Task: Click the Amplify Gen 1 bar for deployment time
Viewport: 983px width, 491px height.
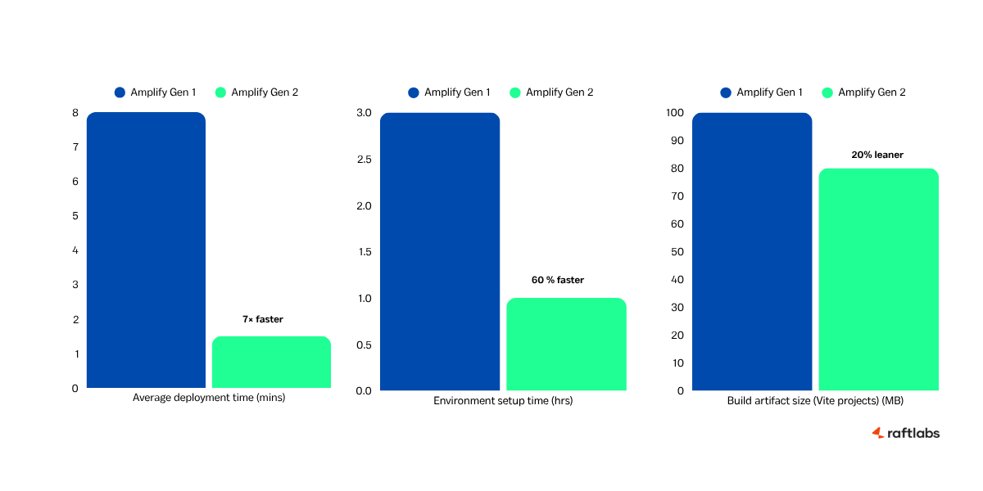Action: click(x=146, y=250)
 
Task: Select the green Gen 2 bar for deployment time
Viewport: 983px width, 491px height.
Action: click(x=271, y=363)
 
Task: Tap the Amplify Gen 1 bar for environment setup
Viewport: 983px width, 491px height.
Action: click(x=440, y=251)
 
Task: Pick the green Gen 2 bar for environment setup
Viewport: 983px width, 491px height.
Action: click(x=566, y=345)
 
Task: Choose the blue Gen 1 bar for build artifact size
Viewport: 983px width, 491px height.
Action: click(x=752, y=251)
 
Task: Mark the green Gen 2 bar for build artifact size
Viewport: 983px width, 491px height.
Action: click(x=878, y=279)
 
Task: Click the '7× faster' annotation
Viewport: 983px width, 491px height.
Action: click(x=262, y=319)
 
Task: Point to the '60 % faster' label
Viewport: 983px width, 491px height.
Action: click(x=558, y=280)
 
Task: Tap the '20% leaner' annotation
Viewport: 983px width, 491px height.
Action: click(x=877, y=154)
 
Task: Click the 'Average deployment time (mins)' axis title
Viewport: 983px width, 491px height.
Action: click(x=209, y=398)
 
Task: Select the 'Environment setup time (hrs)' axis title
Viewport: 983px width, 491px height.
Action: click(x=503, y=401)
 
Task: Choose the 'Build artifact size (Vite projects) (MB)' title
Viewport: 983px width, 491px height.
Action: click(x=815, y=401)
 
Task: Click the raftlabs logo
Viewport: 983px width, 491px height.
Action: click(x=905, y=433)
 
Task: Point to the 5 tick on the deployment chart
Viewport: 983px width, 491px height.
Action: click(x=75, y=216)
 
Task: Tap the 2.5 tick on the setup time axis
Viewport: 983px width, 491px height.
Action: click(x=364, y=160)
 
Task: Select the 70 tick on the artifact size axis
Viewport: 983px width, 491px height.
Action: click(x=677, y=196)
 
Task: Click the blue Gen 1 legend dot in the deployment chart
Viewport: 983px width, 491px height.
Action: click(x=120, y=92)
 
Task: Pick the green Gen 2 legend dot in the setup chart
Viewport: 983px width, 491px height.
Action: click(x=515, y=92)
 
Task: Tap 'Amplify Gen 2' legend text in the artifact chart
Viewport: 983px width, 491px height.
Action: click(x=872, y=92)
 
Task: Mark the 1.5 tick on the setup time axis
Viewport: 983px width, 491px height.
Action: click(x=364, y=252)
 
